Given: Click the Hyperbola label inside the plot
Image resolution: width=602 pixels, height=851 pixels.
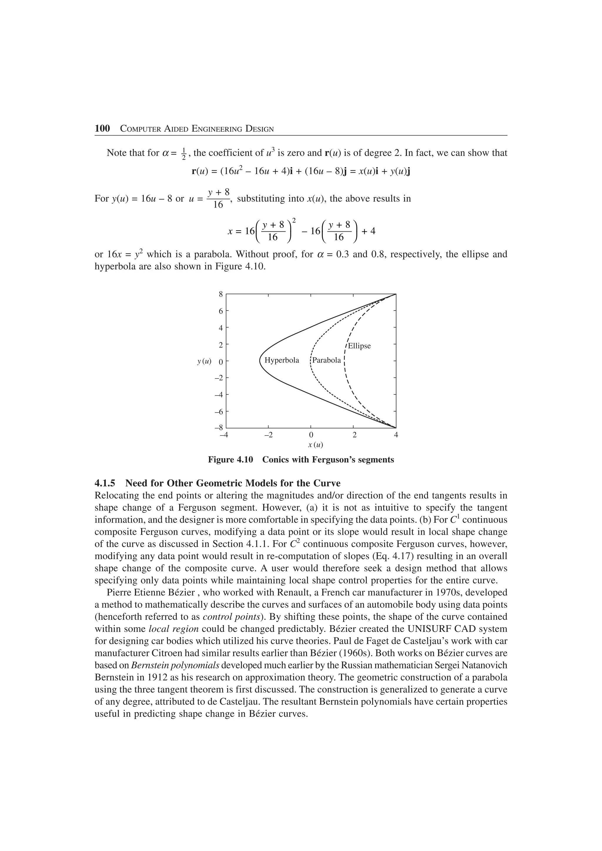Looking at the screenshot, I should click(282, 360).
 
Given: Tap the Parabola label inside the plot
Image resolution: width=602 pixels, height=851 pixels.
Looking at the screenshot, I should click(326, 360).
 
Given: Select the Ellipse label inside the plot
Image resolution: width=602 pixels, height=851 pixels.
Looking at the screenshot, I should click(359, 346).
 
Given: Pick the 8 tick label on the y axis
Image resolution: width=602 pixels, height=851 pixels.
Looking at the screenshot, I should click(221, 294).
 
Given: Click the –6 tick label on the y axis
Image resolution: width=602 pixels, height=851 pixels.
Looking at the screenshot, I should click(219, 412).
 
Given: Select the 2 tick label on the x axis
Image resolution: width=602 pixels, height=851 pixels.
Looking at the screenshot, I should click(354, 435).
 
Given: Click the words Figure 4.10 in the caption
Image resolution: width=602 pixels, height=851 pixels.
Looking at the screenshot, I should click(230, 460).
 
